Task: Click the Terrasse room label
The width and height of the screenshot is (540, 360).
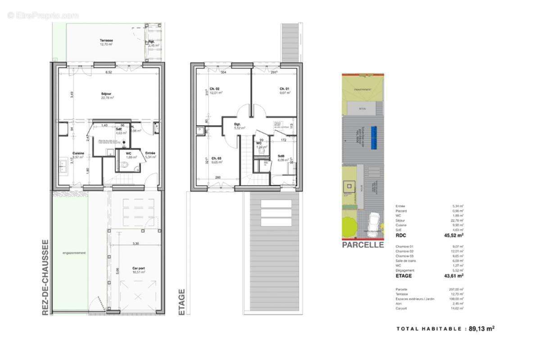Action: pos(106,40)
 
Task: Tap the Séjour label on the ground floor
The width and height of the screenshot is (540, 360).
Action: pos(107,94)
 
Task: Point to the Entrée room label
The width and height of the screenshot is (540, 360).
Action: pos(150,153)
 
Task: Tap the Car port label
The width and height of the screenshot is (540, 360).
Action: pos(139,268)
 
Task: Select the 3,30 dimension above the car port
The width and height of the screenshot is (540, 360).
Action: pos(135,243)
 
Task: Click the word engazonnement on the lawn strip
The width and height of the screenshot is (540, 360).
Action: pos(74,253)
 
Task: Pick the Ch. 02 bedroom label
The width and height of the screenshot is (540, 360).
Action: pos(214,89)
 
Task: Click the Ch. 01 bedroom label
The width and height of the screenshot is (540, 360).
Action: pos(284,89)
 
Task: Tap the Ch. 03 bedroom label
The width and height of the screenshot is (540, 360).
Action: pos(216,158)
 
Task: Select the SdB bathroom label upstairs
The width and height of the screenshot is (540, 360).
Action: pos(281,156)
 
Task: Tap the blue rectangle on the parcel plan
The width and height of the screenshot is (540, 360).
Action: pos(373,137)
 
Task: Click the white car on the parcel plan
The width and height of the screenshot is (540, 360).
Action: pos(374,221)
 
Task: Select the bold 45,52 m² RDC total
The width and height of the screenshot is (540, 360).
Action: pos(454,235)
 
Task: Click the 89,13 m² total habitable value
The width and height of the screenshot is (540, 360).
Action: pos(481,329)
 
